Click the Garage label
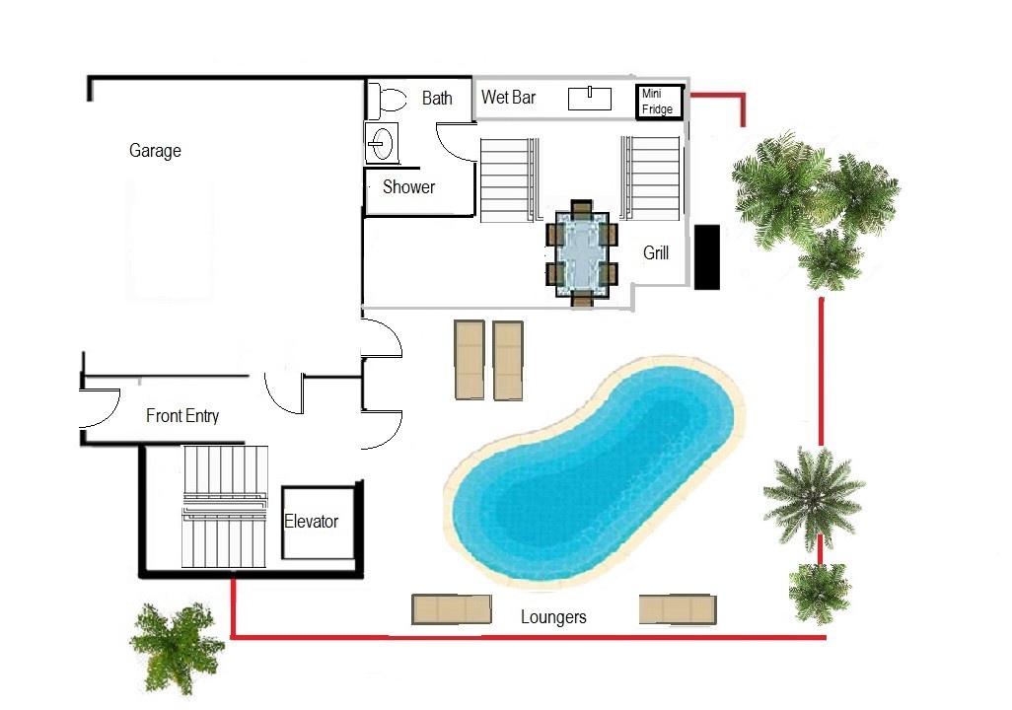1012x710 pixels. (155, 151)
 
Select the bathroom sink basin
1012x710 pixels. (382, 143)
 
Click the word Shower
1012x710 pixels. (408, 187)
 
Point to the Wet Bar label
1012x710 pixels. (509, 98)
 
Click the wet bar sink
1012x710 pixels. (590, 98)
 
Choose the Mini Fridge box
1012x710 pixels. (660, 102)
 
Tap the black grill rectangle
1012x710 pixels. (706, 257)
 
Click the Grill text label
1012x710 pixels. (656, 253)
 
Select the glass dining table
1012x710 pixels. (582, 253)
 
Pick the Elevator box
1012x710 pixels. (319, 523)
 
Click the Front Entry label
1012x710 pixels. (182, 416)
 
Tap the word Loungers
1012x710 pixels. (553, 617)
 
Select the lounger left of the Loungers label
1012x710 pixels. (452, 609)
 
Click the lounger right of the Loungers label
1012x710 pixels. (678, 609)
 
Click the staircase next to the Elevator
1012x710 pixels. (225, 507)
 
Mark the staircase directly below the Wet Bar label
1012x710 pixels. (509, 180)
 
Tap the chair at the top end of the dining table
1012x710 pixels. (582, 207)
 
